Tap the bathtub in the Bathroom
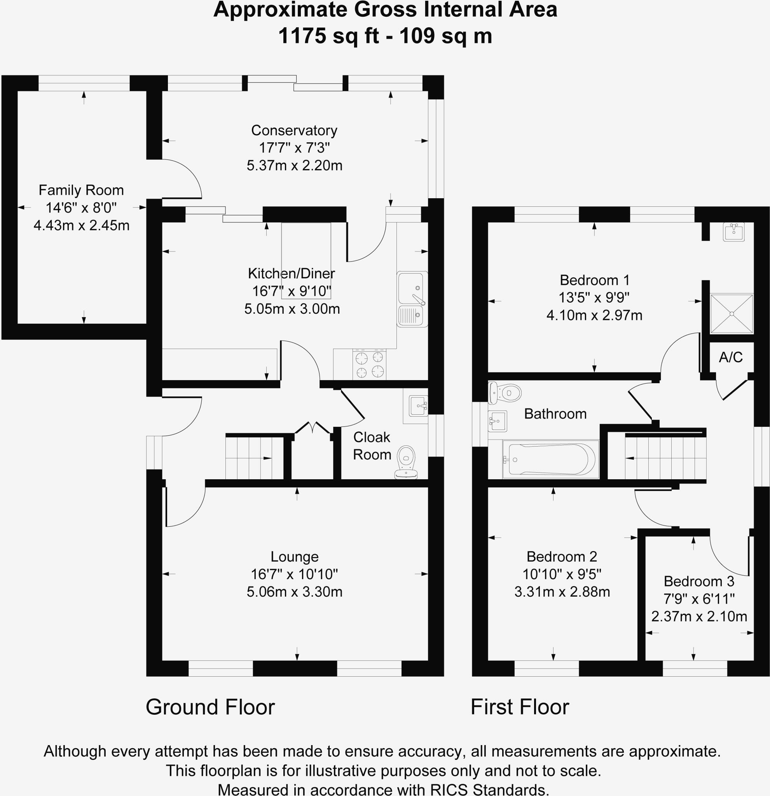click(x=550, y=459)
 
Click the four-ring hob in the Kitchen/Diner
click(x=369, y=364)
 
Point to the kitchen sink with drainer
click(x=412, y=299)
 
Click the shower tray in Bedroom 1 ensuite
click(x=732, y=314)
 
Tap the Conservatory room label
click(x=294, y=130)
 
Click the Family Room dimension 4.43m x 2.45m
click(x=81, y=225)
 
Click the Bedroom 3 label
click(x=698, y=581)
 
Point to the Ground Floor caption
click(x=210, y=707)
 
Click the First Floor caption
click(x=519, y=707)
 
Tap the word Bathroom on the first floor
click(x=555, y=414)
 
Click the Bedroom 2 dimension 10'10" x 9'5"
click(x=562, y=574)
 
